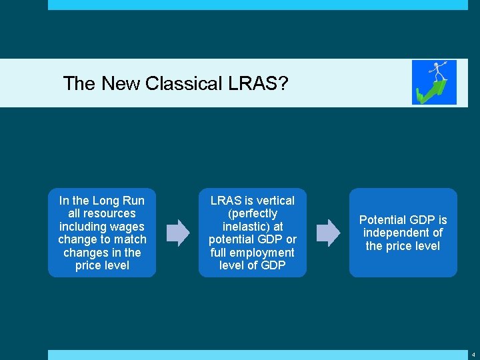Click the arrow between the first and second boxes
point(177,233)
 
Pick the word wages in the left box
point(128,227)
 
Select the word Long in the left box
point(105,201)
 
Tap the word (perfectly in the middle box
point(252,213)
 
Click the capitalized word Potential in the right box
point(382,220)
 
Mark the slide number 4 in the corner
point(473,355)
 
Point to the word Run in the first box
point(133,201)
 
